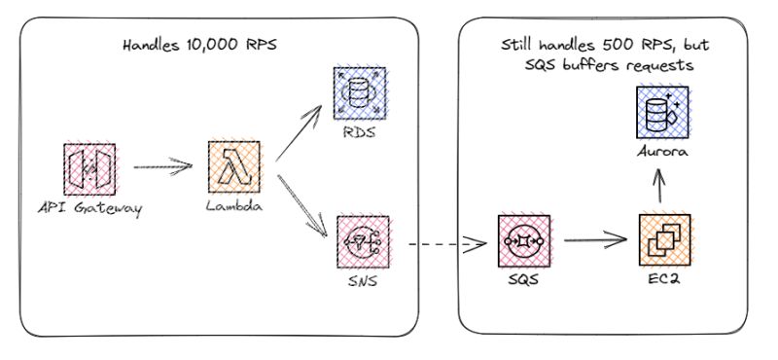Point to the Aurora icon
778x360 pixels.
pyautogui.click(x=664, y=111)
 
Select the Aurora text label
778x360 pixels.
pyautogui.click(x=664, y=153)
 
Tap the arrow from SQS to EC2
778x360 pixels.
pyautogui.click(x=593, y=239)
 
